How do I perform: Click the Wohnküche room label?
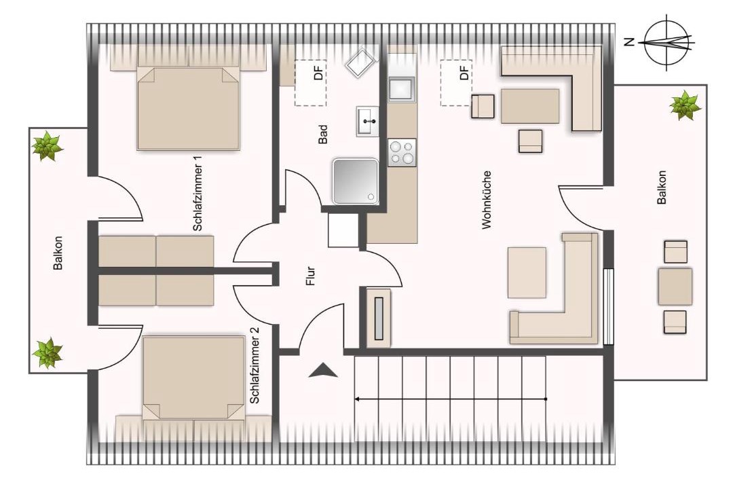487,200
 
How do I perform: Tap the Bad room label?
322,134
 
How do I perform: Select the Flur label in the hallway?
310,276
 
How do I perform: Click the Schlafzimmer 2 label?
255,365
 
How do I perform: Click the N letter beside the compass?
629,42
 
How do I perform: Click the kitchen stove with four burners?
402,152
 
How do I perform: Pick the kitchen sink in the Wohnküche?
402,88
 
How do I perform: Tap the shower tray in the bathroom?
355,181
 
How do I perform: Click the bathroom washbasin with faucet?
368,121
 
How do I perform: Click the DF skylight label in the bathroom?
318,73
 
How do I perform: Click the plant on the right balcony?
685,105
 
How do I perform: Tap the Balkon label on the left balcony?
58,253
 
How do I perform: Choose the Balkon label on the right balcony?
662,187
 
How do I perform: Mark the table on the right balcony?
675,286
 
